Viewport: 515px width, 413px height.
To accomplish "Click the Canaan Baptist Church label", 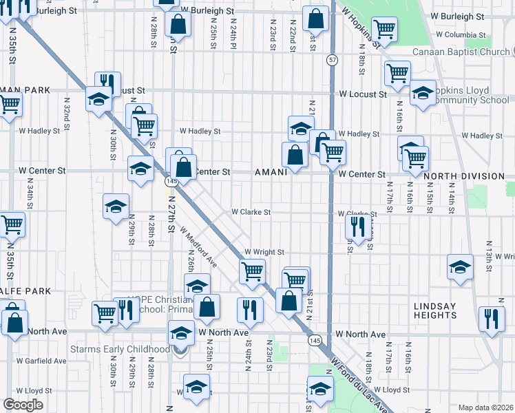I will (x=460, y=52).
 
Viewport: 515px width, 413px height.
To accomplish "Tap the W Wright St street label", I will (x=264, y=253).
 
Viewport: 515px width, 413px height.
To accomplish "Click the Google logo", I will (x=23, y=404).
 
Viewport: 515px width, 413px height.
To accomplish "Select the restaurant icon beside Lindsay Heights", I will (x=492, y=318).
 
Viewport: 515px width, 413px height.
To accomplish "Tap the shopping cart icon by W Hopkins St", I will (x=385, y=29).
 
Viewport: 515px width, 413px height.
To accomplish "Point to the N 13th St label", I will (x=489, y=252).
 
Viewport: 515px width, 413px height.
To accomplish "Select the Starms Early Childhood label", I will (x=119, y=349).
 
